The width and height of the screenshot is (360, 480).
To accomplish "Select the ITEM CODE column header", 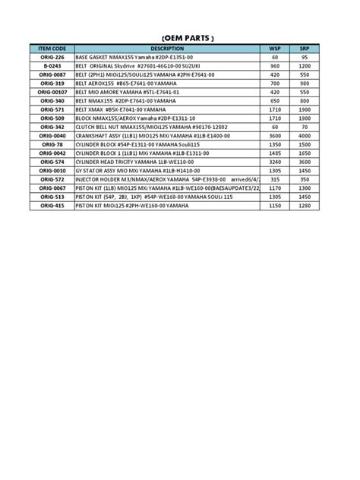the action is tap(52, 49).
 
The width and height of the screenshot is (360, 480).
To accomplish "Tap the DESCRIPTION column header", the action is tap(167, 49).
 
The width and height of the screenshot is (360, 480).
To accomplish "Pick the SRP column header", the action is tap(304, 49).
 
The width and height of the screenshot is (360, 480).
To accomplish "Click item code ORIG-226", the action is tap(52, 57).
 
